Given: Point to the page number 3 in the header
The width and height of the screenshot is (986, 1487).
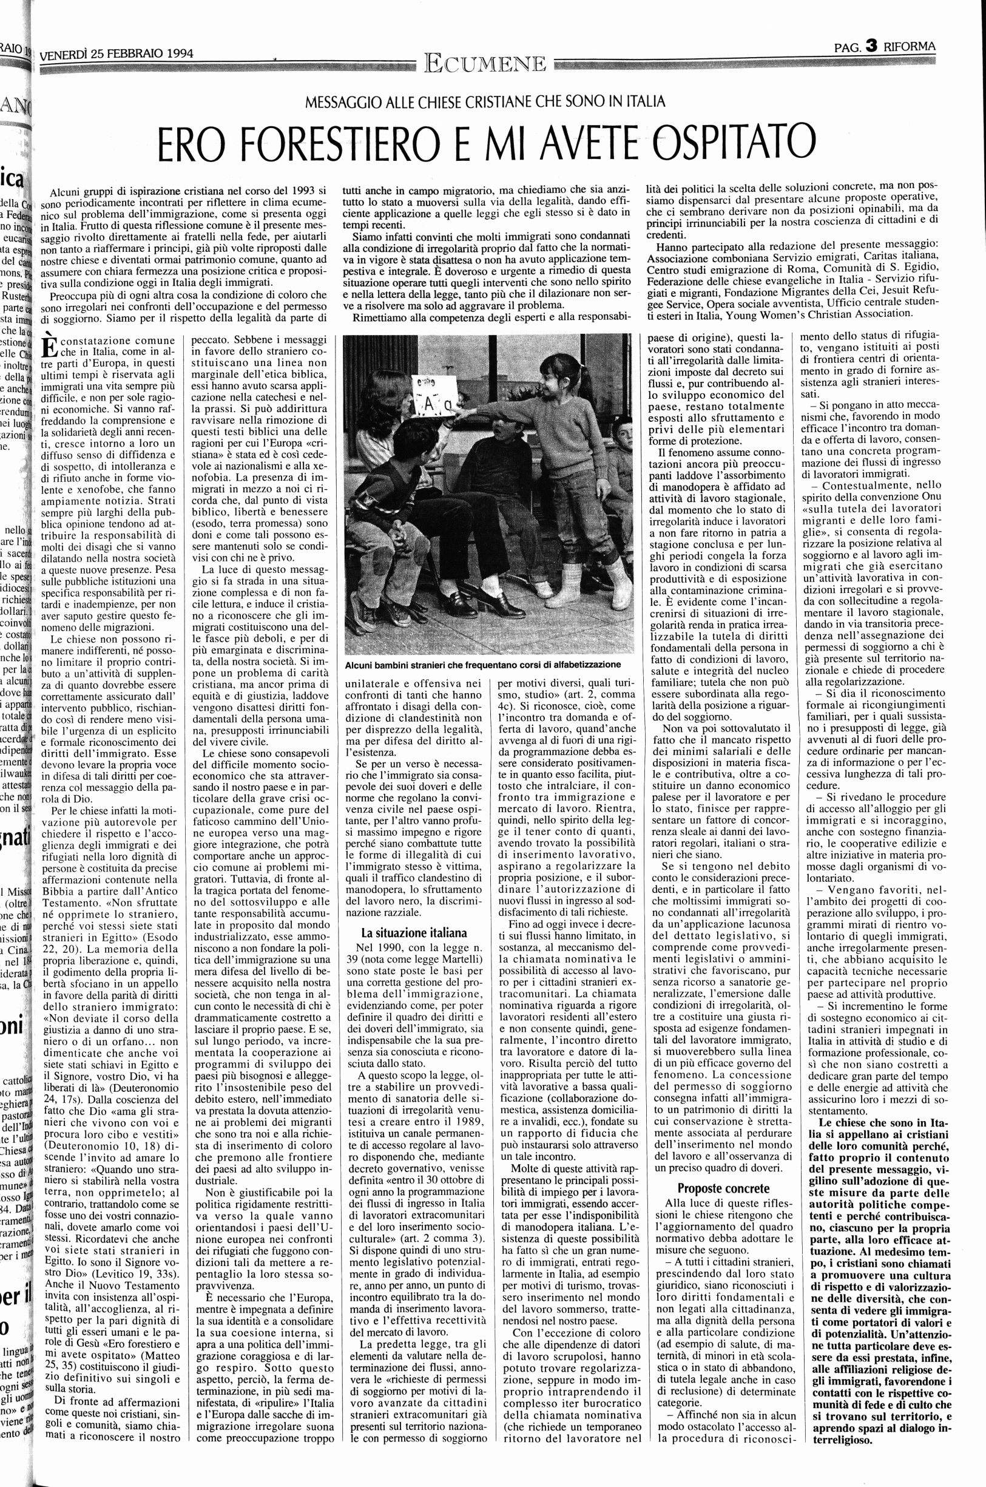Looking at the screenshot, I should (871, 46).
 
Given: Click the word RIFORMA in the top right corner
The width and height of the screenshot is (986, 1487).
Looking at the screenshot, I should (910, 46).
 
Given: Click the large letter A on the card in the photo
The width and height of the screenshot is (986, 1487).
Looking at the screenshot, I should (430, 407).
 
